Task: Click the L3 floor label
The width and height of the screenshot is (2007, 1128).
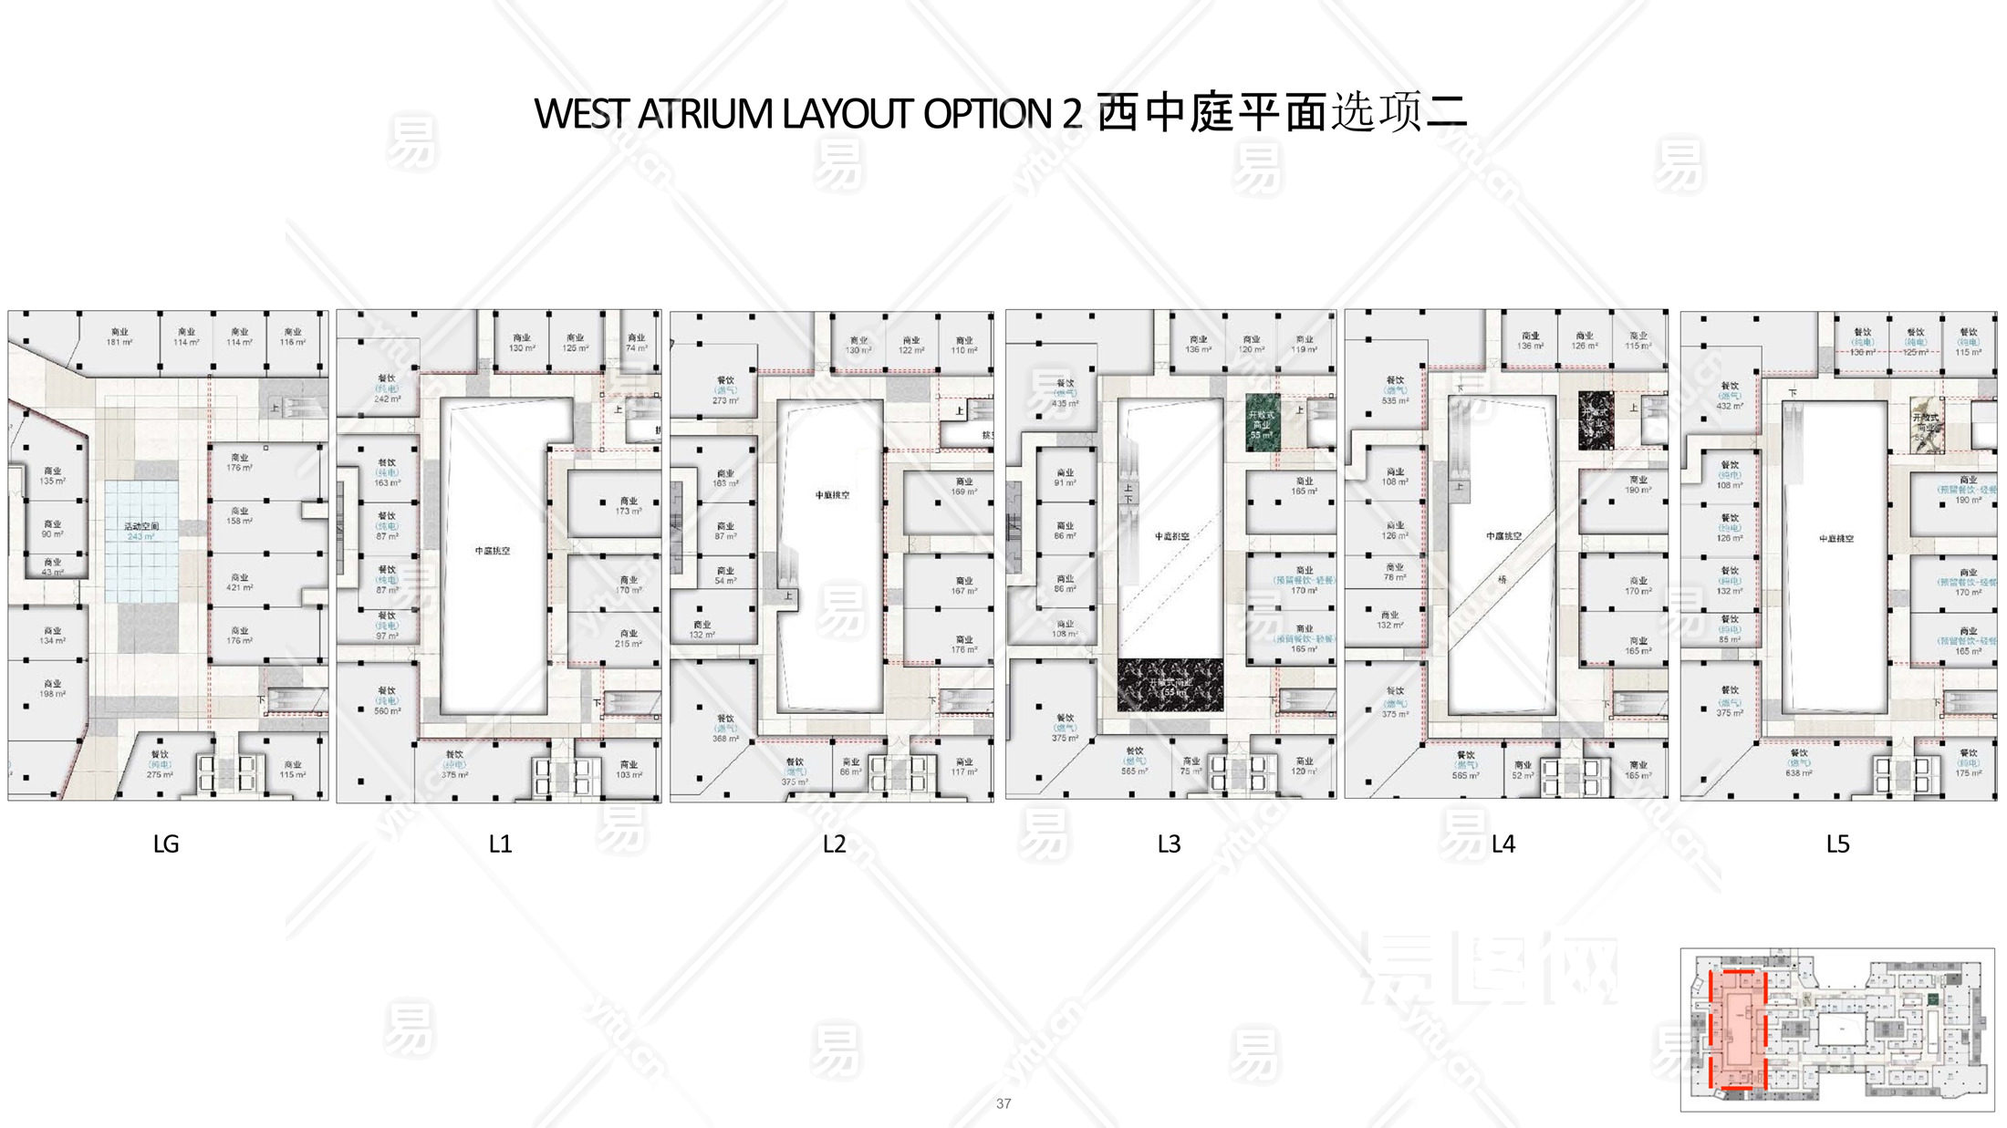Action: (x=1169, y=843)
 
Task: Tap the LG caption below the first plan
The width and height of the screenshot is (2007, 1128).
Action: (x=165, y=843)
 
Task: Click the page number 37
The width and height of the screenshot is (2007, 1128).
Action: (x=1003, y=1103)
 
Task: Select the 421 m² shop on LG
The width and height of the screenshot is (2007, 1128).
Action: (x=240, y=582)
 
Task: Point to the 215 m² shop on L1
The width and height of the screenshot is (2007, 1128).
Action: (x=629, y=637)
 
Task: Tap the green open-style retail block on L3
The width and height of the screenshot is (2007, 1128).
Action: (x=1263, y=421)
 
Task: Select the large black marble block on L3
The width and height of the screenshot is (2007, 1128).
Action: (x=1170, y=685)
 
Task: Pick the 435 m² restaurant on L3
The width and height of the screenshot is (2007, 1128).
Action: (x=1065, y=393)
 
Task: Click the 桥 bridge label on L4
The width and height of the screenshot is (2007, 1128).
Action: (x=1502, y=579)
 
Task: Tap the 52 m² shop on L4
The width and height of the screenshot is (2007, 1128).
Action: (x=1523, y=770)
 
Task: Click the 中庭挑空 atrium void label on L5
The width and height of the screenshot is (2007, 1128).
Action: (x=1835, y=539)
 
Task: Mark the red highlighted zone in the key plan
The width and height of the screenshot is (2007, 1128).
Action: (x=1736, y=1030)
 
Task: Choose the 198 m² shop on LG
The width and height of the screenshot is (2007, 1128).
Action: (x=52, y=688)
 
